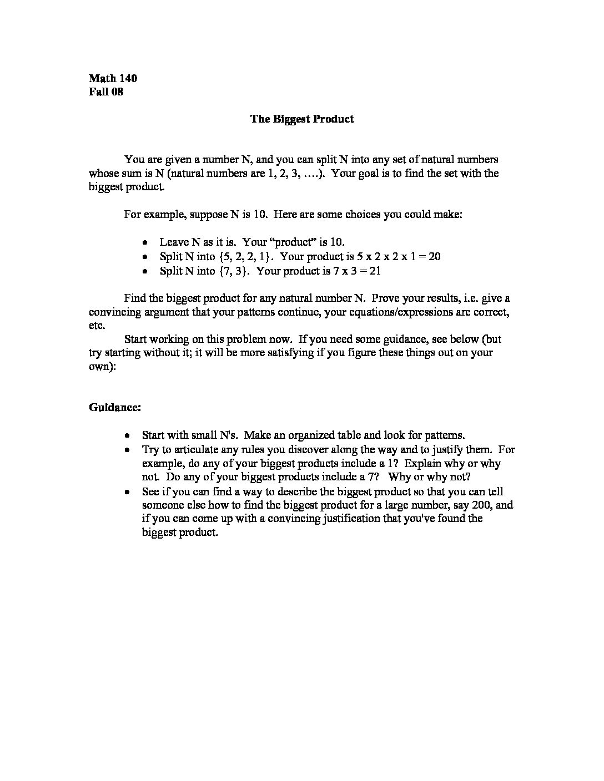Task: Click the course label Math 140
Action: click(113, 78)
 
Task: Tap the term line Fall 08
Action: click(105, 92)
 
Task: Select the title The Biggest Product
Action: click(301, 119)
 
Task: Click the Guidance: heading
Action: click(115, 407)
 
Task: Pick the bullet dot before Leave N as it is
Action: click(144, 242)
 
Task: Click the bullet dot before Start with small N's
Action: click(128, 435)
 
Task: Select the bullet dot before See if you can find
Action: click(128, 491)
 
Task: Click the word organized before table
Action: click(319, 435)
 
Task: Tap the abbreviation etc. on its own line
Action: click(97, 326)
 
